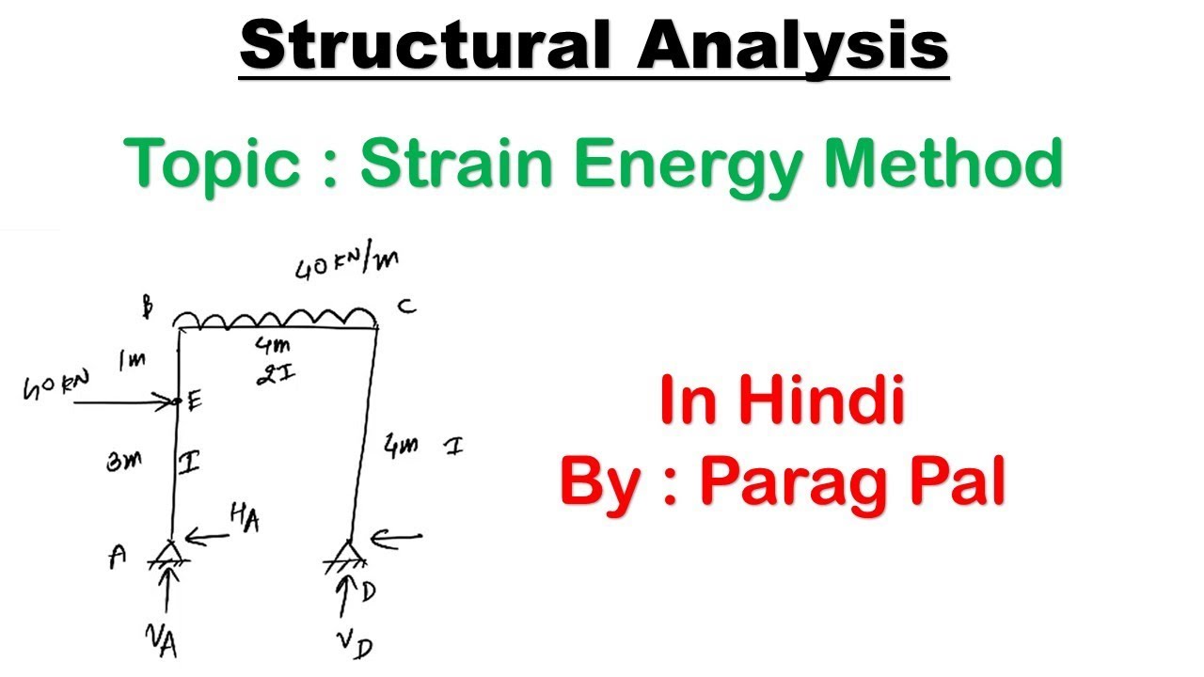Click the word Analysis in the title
(x=792, y=47)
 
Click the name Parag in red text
(x=787, y=483)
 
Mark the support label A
(x=118, y=557)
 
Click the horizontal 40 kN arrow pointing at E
(x=127, y=402)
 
